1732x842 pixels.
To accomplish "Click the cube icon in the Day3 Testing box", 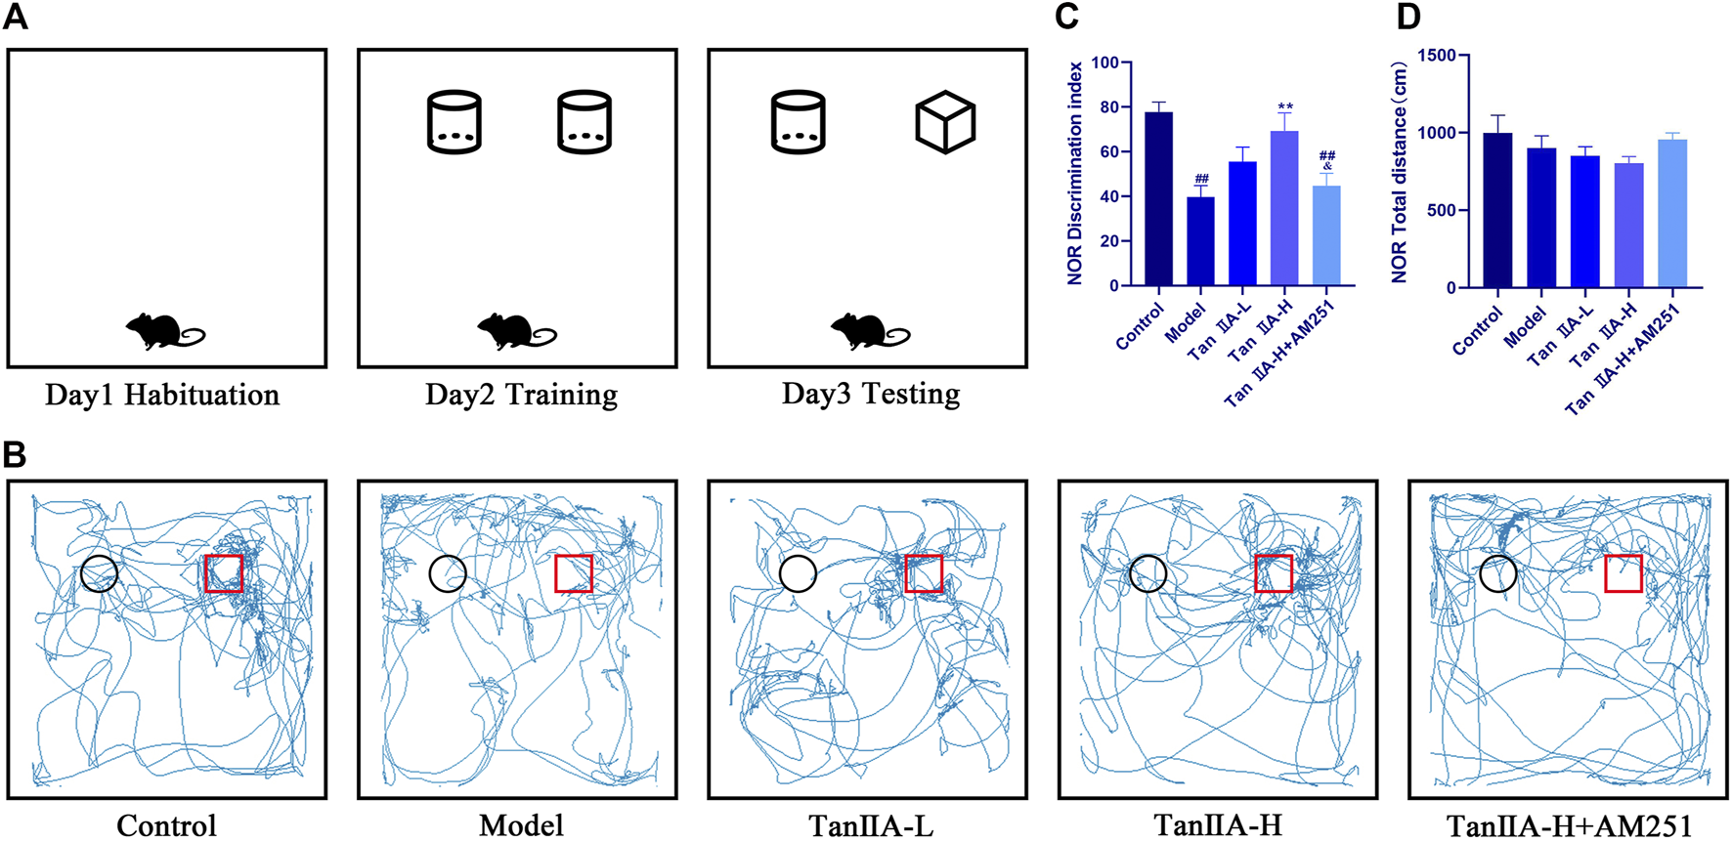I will click(x=945, y=122).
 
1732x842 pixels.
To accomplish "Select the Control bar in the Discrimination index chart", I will click(x=1158, y=199).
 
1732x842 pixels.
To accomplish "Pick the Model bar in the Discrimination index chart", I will click(x=1200, y=241).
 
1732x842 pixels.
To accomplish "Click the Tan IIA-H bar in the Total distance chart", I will click(x=1628, y=225).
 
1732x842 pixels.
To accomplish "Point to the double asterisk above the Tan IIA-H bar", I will click(x=1285, y=107).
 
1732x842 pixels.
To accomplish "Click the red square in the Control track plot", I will click(x=224, y=573).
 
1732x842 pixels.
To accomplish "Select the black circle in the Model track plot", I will click(x=448, y=573).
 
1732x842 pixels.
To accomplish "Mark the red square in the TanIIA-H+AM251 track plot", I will click(x=1623, y=572).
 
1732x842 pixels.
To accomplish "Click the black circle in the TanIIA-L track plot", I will click(x=798, y=573).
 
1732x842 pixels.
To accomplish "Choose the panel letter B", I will click(x=14, y=454).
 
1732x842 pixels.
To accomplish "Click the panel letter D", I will click(x=1407, y=17).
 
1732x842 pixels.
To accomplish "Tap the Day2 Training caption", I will click(x=521, y=395).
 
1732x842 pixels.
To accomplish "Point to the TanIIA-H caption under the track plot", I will click(x=1218, y=825).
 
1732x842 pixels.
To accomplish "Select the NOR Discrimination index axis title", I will click(x=1075, y=173).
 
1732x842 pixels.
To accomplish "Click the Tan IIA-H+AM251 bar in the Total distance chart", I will click(x=1672, y=213).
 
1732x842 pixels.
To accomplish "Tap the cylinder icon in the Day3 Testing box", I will click(x=798, y=122).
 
